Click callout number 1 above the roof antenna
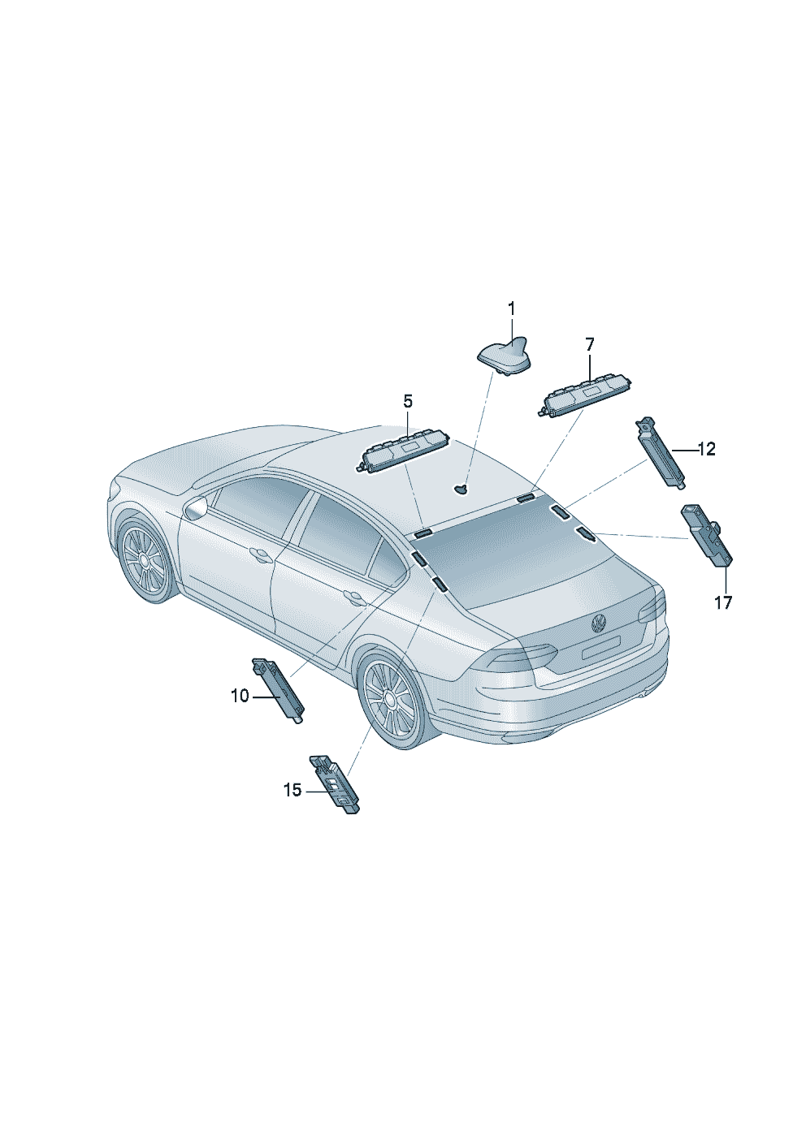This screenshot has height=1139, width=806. (511, 308)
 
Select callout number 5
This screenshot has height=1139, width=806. (408, 401)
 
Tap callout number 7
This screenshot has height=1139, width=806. (589, 345)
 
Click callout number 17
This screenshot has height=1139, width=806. (722, 602)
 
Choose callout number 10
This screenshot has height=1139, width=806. (240, 696)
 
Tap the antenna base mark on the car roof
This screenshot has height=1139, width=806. (461, 489)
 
